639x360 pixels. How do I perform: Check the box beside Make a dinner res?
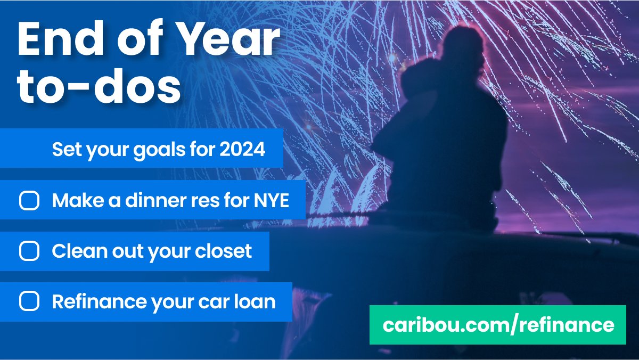(29, 201)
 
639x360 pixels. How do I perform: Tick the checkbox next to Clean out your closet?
(29, 251)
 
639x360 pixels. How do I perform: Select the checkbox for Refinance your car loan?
(29, 302)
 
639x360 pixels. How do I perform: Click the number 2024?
(242, 150)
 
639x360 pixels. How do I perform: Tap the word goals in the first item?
(155, 150)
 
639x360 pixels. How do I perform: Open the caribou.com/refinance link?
(498, 325)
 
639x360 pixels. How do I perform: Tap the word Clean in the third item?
(74, 251)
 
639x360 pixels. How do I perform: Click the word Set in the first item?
(64, 150)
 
